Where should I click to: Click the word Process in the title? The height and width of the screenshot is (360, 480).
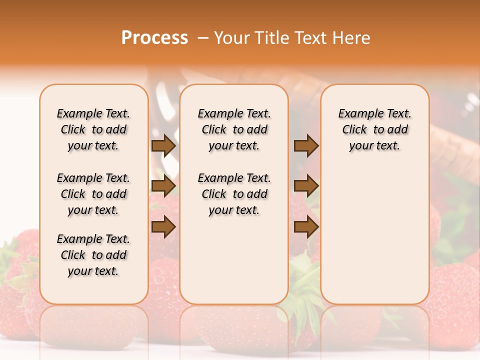pyautogui.click(x=154, y=38)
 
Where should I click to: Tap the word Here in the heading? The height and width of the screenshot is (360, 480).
pyautogui.click(x=352, y=38)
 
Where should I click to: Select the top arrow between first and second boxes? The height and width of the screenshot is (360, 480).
pyautogui.click(x=163, y=146)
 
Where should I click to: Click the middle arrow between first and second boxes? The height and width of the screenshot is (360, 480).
pyautogui.click(x=163, y=186)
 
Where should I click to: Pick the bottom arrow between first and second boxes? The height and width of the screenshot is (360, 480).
pyautogui.click(x=163, y=227)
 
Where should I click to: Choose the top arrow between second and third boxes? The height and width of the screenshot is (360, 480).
pyautogui.click(x=305, y=146)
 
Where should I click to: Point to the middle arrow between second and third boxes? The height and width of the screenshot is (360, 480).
pyautogui.click(x=305, y=186)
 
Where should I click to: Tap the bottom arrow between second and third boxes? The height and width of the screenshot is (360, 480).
pyautogui.click(x=305, y=227)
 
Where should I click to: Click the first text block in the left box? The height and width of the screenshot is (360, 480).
pyautogui.click(x=93, y=129)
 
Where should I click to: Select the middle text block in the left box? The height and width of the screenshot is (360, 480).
pyautogui.click(x=93, y=194)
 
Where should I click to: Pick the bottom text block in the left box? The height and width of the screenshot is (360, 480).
pyautogui.click(x=93, y=255)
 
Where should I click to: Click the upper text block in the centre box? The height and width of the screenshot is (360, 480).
pyautogui.click(x=234, y=129)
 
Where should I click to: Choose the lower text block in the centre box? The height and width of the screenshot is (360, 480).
pyautogui.click(x=234, y=194)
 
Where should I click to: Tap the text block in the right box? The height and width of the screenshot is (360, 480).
pyautogui.click(x=375, y=129)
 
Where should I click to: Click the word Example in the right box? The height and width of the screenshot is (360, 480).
pyautogui.click(x=355, y=114)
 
